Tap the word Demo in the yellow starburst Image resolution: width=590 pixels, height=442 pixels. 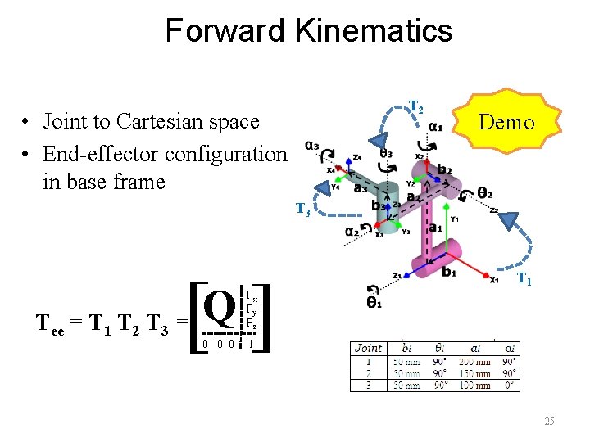(506, 123)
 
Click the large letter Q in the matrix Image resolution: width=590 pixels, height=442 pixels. (219, 306)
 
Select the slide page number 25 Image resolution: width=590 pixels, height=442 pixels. (549, 421)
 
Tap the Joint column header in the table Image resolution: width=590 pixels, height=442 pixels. (368, 348)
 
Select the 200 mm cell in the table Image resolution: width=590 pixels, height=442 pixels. (474, 361)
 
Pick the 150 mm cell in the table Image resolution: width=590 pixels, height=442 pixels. (474, 373)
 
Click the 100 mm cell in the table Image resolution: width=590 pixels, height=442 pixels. (474, 385)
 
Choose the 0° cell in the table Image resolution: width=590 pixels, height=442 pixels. (509, 385)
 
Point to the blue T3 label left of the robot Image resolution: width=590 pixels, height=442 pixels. (302, 210)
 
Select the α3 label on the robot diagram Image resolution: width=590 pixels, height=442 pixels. (311, 147)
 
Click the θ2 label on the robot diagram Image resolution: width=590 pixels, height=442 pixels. (485, 194)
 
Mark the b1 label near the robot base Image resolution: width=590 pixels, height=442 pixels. (449, 273)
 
